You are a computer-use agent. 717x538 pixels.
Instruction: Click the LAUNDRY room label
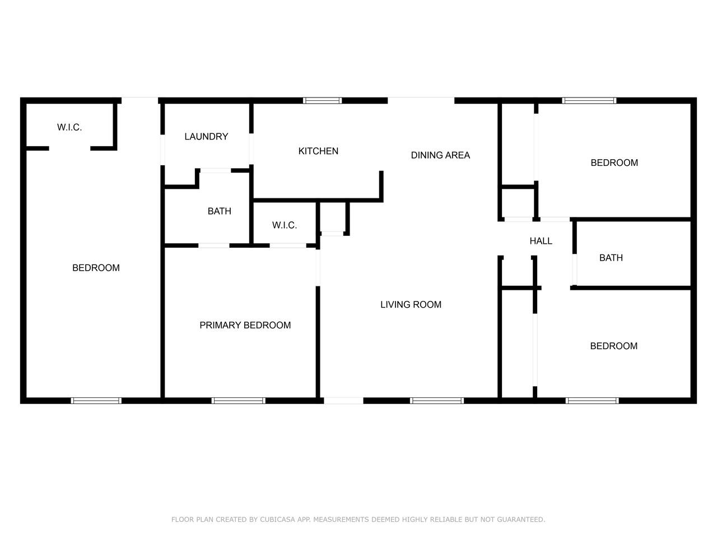[206, 137]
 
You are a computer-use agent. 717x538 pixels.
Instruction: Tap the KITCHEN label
[318, 151]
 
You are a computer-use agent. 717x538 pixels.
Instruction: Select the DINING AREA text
[440, 155]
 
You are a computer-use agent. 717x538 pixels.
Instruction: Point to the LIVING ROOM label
[411, 305]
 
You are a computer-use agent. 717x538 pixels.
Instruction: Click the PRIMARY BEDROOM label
[245, 326]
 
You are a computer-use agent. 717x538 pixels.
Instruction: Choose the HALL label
[541, 241]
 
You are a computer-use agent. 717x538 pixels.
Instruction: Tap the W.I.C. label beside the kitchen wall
[284, 225]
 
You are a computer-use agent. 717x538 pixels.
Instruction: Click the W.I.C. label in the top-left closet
[69, 127]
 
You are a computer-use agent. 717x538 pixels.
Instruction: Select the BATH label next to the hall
[611, 258]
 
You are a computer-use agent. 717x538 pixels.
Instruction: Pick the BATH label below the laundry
[219, 211]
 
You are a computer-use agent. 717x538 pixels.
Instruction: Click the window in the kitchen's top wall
[322, 101]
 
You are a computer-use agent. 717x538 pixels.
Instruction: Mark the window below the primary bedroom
[238, 401]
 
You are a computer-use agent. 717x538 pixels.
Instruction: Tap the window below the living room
[437, 401]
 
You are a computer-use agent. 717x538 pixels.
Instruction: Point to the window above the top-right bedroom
[589, 101]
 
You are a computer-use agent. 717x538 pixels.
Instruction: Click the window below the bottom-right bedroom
[592, 401]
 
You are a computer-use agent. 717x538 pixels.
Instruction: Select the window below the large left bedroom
[96, 401]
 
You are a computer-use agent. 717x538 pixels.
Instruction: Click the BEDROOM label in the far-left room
[96, 268]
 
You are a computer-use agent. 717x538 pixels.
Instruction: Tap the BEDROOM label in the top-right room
[614, 163]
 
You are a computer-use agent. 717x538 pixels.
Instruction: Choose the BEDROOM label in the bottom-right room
[613, 346]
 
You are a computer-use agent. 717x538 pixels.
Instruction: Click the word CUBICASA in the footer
[277, 520]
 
